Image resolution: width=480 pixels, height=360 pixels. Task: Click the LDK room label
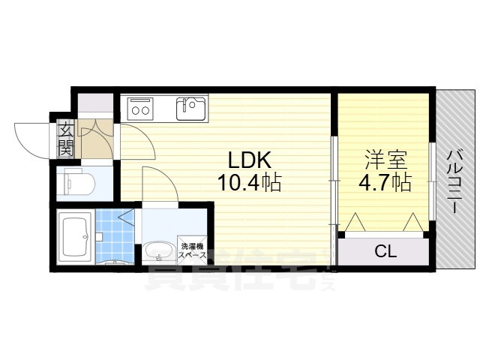pyautogui.click(x=248, y=160)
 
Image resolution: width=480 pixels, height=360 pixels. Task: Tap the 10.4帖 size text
pyautogui.click(x=248, y=182)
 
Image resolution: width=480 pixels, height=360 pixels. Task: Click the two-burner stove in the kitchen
pyautogui.click(x=140, y=109)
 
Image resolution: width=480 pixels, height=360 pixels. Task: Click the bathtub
pyautogui.click(x=76, y=235)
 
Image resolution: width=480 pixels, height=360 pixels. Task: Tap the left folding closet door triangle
pyautogui.click(x=354, y=223)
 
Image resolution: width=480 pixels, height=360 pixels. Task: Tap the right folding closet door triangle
pyautogui.click(x=412, y=223)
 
